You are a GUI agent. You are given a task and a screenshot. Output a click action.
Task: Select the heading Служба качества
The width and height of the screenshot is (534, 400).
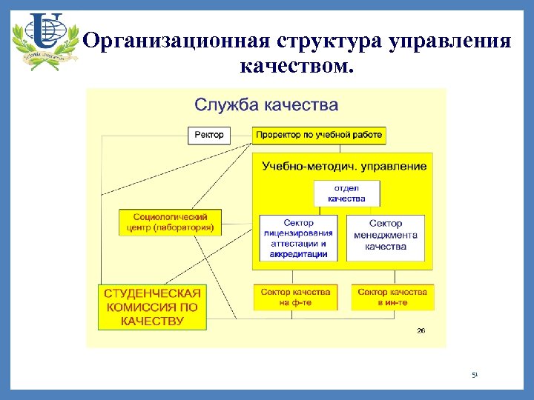266,104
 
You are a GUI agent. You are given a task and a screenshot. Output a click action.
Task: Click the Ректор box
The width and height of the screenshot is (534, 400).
210,135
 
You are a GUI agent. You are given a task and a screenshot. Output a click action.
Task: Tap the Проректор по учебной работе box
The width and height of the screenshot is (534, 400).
319,135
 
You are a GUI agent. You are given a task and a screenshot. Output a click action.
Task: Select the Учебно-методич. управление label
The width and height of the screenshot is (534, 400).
344,166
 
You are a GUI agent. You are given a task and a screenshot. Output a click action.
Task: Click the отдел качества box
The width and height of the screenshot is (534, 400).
346,193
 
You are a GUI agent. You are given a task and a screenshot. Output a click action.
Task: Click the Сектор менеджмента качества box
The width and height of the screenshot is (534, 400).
386,236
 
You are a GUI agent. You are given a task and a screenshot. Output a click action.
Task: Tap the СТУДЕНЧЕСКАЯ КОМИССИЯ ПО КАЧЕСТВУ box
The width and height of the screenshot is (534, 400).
152,307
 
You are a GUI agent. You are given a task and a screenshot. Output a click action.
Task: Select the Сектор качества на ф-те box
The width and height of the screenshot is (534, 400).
295,297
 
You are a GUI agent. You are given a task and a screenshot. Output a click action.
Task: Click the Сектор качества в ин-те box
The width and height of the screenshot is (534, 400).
392,297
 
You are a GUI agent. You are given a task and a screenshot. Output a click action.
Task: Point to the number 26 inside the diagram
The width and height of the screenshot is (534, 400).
421,330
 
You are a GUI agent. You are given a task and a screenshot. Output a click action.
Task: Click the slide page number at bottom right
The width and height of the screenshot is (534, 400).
475,376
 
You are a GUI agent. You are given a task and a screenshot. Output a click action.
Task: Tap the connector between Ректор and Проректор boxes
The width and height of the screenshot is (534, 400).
242,135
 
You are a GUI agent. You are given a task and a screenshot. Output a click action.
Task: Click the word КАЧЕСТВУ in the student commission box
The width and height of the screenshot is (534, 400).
152,321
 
